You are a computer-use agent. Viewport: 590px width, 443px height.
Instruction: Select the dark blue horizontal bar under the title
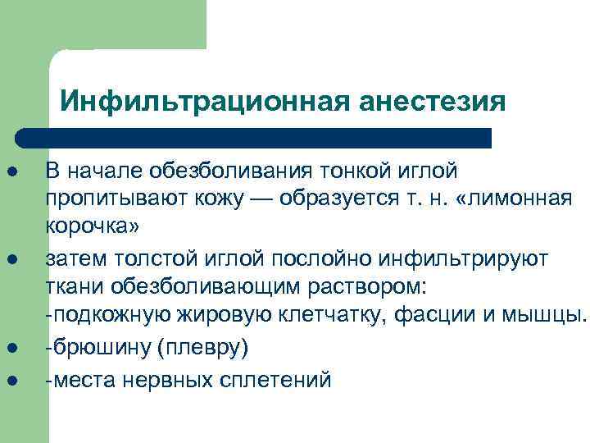pyautogui.click(x=254, y=138)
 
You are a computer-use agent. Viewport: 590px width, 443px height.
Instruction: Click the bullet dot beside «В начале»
pyautogui.click(x=14, y=171)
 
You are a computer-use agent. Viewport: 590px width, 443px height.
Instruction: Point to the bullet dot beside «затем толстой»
pyautogui.click(x=14, y=260)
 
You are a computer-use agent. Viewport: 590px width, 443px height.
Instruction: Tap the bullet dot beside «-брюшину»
pyautogui.click(x=14, y=349)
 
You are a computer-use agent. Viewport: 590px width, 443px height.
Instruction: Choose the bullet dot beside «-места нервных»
pyautogui.click(x=14, y=378)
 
